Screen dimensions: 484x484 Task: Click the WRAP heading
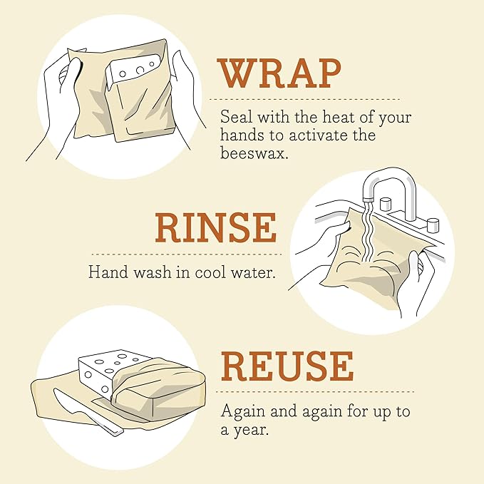pyautogui.click(x=279, y=73)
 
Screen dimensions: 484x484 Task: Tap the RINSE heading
pyautogui.click(x=215, y=228)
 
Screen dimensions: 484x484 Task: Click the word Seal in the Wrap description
pyautogui.click(x=235, y=117)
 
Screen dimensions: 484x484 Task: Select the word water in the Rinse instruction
pyautogui.click(x=251, y=272)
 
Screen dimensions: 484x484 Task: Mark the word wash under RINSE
pyautogui.click(x=146, y=272)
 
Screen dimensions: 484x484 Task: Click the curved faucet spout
pyautogui.click(x=388, y=178)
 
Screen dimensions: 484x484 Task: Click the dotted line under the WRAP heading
pyautogui.click(x=307, y=99)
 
